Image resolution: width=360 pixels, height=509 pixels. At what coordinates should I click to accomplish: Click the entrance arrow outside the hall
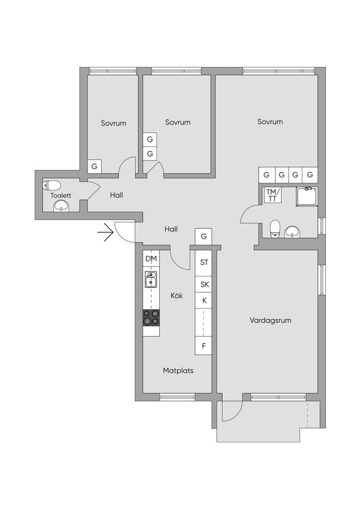[105, 233]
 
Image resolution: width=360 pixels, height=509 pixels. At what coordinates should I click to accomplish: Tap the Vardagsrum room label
[270, 321]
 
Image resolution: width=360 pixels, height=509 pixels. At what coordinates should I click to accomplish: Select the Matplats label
[178, 370]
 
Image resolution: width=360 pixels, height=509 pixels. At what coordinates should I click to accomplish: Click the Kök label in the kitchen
[177, 295]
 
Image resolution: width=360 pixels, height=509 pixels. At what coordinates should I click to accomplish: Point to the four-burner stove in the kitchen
[151, 318]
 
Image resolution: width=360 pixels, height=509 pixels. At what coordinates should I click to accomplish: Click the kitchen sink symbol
[151, 279]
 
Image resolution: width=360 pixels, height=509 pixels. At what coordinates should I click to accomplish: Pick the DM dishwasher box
[151, 258]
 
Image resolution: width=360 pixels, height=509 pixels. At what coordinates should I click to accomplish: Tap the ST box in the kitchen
[203, 262]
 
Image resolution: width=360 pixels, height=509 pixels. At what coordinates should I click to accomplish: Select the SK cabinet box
[203, 284]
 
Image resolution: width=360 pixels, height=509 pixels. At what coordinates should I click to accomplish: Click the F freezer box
[203, 346]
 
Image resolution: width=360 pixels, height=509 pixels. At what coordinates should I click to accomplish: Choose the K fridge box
[203, 300]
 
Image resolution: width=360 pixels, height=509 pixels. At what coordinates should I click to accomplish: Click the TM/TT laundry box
[272, 195]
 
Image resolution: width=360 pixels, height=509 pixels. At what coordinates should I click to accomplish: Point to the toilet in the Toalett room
[52, 185]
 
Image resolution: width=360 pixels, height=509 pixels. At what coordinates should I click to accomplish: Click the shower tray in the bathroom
[307, 196]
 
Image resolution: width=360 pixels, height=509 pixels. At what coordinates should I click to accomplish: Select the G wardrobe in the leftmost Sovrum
[94, 166]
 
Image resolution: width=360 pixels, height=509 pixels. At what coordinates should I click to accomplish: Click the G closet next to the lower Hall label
[203, 236]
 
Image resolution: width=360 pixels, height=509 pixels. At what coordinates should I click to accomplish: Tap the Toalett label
[61, 195]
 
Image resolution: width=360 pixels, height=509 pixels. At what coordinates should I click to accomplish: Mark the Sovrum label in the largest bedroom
[270, 122]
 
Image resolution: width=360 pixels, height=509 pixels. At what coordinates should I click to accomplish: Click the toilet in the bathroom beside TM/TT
[275, 228]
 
